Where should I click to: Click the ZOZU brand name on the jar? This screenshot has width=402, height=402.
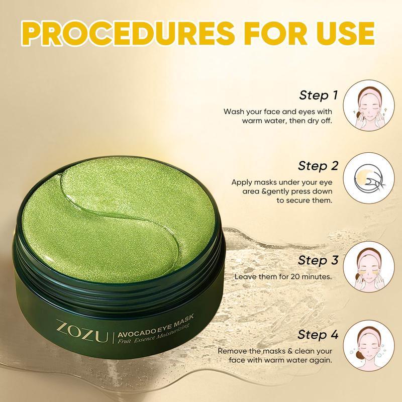pyautogui.click(x=86, y=333)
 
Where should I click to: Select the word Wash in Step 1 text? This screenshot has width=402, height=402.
pyautogui.click(x=235, y=112)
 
